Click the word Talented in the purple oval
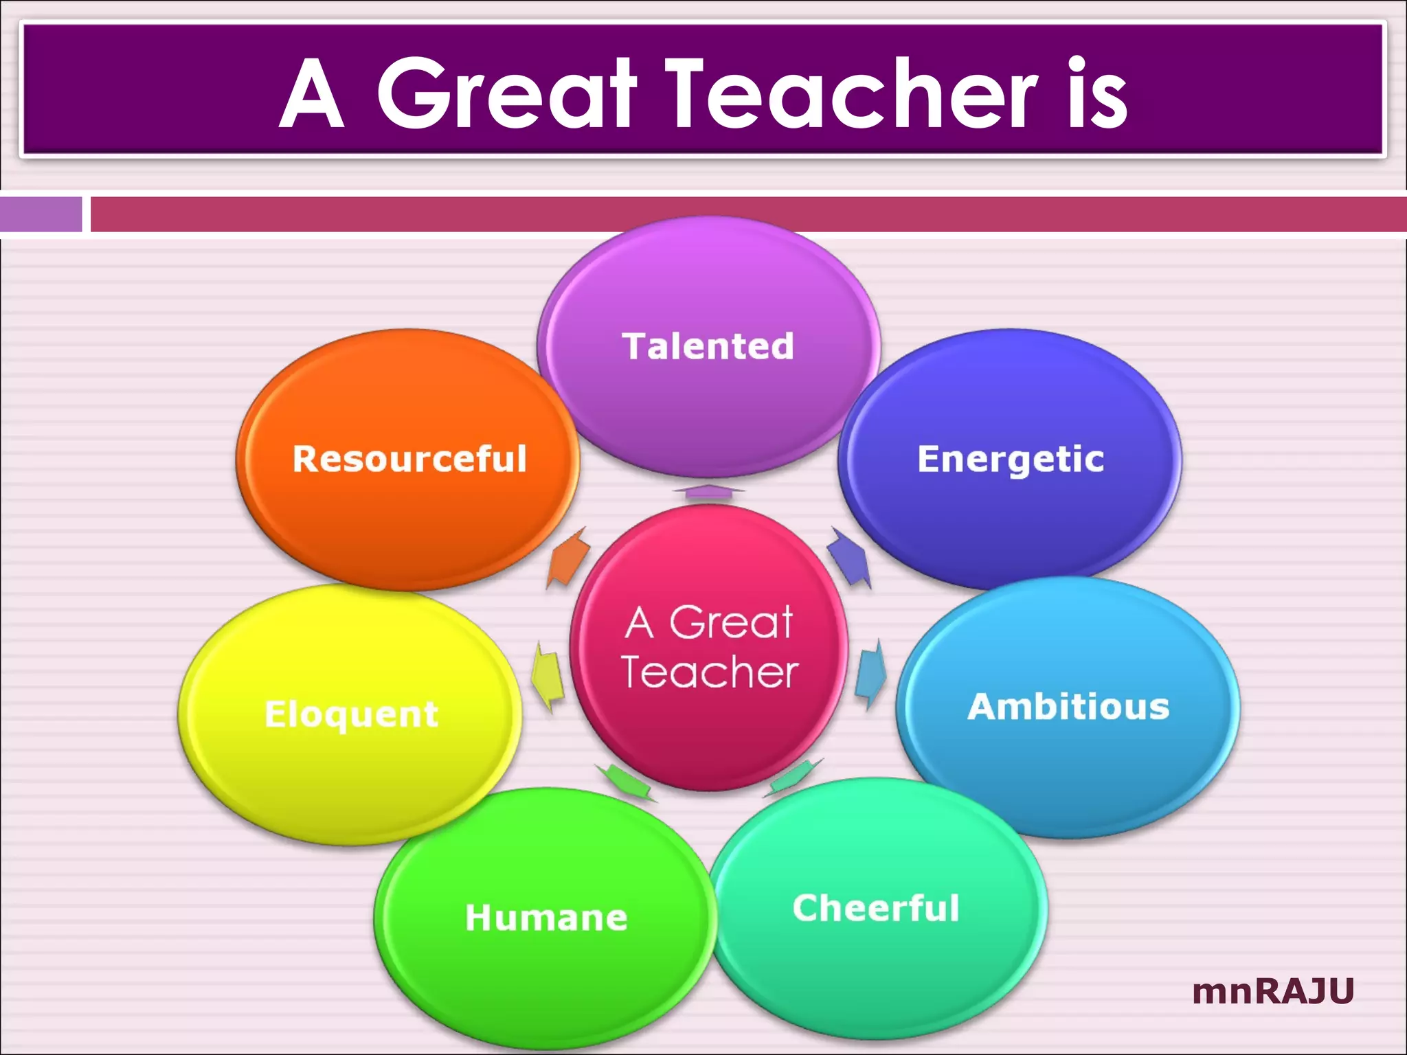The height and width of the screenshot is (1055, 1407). coord(708,346)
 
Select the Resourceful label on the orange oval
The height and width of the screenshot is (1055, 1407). coord(409,459)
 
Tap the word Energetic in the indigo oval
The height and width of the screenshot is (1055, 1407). coord(1011,459)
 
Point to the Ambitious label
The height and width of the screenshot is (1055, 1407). coord(1068,707)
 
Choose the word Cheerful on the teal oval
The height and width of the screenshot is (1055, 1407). coord(876,908)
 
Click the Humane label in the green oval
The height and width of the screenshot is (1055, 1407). coord(546,918)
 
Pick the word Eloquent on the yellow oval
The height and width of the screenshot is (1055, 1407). coord(351,714)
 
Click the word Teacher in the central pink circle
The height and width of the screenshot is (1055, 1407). coord(710,672)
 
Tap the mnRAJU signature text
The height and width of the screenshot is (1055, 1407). coord(1273,991)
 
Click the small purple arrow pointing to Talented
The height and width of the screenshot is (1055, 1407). coord(708,491)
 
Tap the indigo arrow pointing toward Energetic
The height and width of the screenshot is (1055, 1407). coord(850,558)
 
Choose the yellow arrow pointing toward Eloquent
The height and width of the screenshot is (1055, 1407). coord(548,676)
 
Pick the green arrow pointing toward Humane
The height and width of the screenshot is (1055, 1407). coord(625,782)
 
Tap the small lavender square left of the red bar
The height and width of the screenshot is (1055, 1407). coord(41,214)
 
